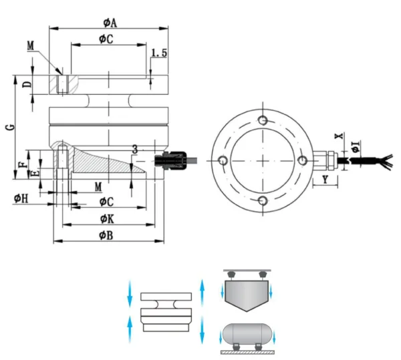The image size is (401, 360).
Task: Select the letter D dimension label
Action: pos(26,84)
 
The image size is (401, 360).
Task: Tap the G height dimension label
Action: pos(8,126)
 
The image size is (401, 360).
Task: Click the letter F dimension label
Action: pos(22,163)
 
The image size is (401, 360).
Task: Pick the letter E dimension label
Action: pos(35,172)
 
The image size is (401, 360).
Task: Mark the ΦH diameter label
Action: pos(20,198)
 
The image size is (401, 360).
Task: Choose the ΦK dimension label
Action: pos(106,218)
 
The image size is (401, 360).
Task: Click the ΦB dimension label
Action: pos(106,235)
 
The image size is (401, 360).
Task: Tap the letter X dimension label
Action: pos(339,136)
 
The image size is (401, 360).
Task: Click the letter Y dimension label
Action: pos(325,179)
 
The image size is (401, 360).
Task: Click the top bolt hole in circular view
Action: pos(263,120)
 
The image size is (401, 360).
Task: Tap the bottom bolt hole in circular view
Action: pos(263,201)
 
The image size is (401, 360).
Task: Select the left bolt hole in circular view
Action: pos(223,160)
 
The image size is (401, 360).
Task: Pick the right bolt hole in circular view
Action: pos(303,160)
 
